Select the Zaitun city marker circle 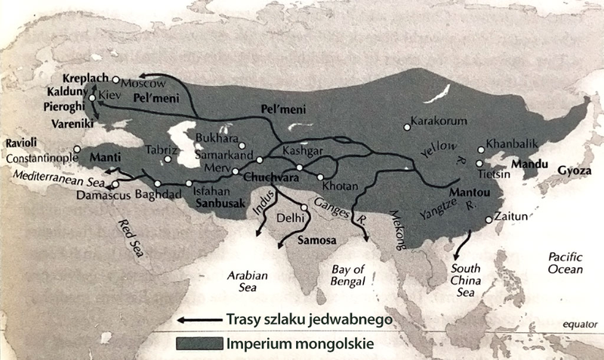pos(488,220)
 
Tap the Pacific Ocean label pos(565,264)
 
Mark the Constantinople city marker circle pos(77,149)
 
